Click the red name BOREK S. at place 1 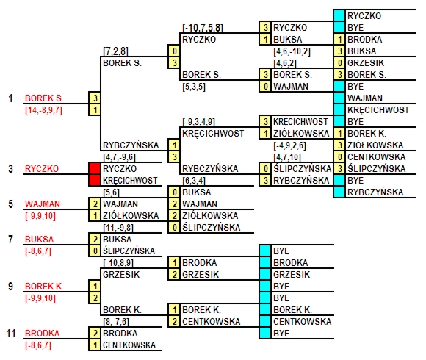point(44,98)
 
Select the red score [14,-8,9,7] point(44,110)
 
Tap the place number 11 point(11,333)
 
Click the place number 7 point(10,239)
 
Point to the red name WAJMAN point(43,204)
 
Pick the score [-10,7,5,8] point(203,28)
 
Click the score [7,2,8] point(115,51)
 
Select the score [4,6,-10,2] point(292,51)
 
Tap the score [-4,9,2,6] point(289,145)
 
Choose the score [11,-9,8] point(118,228)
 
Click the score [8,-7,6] point(116,322)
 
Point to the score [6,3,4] point(194,181)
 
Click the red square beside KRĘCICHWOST point(95,180)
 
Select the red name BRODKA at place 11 point(42,333)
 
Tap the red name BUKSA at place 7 point(40,239)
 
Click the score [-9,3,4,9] point(198,122)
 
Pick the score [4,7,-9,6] point(119,157)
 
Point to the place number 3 point(10,169)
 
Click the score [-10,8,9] point(118,263)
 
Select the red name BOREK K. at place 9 point(44,286)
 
